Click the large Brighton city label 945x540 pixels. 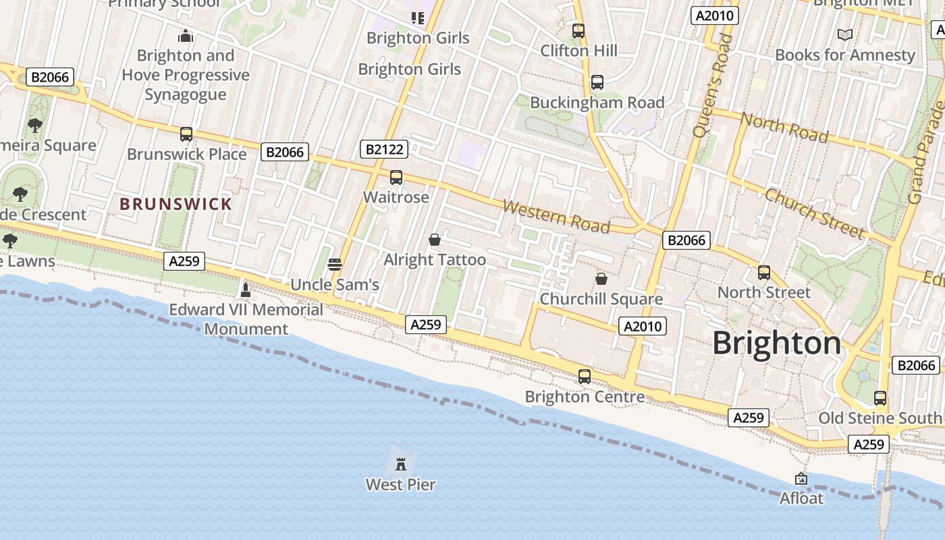[x=777, y=344]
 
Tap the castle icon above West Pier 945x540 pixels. [x=401, y=464]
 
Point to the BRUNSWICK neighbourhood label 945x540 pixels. [x=175, y=204]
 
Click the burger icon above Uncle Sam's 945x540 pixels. [x=334, y=264]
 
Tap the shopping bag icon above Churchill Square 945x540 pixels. [x=601, y=278]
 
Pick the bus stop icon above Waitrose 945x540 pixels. [x=396, y=178]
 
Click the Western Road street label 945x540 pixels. [x=556, y=216]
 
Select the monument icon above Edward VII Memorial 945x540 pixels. [x=246, y=290]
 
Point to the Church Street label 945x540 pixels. [x=813, y=213]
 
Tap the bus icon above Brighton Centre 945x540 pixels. [x=585, y=376]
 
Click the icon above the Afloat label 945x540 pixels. [x=801, y=479]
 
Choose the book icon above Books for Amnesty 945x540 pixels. [x=844, y=34]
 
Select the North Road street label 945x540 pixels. [x=784, y=128]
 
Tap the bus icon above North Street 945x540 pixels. [x=764, y=272]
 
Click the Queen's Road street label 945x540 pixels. [x=712, y=84]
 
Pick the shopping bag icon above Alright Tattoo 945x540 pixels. [x=435, y=240]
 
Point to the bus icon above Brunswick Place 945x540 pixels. [x=186, y=134]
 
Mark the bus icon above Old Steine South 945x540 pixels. [x=880, y=398]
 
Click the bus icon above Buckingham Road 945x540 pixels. [x=597, y=82]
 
